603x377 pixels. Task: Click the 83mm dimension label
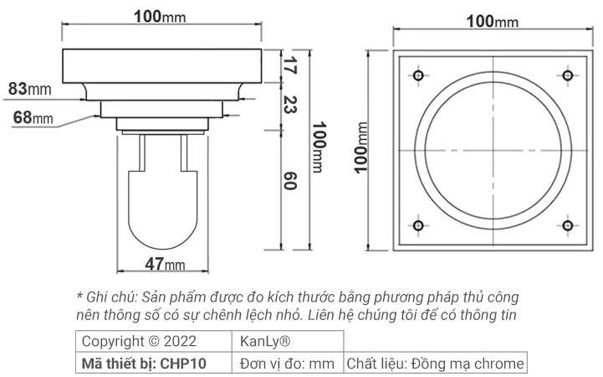(29, 88)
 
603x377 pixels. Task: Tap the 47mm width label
(165, 265)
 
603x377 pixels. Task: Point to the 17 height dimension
(289, 67)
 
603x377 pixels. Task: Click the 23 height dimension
(289, 105)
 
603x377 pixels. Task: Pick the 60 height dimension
(289, 182)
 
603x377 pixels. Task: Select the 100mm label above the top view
(493, 21)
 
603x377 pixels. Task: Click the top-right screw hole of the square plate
(568, 76)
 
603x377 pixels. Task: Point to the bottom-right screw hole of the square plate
(568, 225)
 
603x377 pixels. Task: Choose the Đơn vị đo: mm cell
(287, 363)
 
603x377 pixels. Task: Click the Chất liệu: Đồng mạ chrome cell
(435, 363)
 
